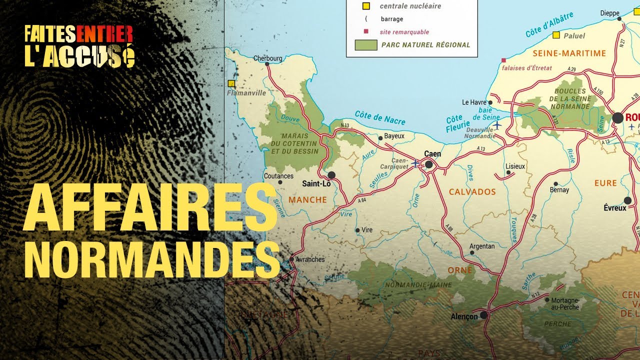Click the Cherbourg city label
(267, 58)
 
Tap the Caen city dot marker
(428, 164)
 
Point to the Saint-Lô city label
(316, 183)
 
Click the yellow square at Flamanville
(231, 83)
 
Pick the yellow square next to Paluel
(556, 35)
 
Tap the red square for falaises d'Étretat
(503, 59)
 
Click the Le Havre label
(474, 102)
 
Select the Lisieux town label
(515, 166)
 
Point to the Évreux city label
(614, 207)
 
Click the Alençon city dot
(483, 315)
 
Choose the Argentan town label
(482, 246)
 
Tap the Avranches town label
(310, 259)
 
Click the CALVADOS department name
(472, 192)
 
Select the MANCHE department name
(307, 200)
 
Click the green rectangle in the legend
(365, 44)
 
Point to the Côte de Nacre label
(380, 118)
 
